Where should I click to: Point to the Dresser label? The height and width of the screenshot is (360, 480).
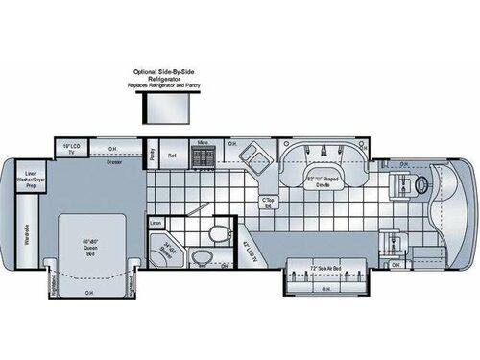(114, 161)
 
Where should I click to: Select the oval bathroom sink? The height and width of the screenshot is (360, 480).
(203, 256)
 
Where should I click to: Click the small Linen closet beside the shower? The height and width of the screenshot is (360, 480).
(156, 222)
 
